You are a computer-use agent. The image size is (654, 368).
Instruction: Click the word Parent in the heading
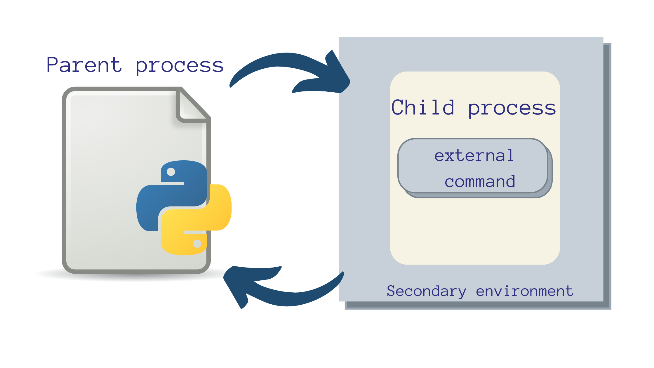pyautogui.click(x=84, y=65)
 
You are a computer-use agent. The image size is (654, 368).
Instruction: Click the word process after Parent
pyautogui.click(x=180, y=66)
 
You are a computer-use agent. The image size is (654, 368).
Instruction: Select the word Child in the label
pyautogui.click(x=422, y=107)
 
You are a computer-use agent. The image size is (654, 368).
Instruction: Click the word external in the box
pyautogui.click(x=474, y=155)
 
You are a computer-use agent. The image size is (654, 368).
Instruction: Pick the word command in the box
pyautogui.click(x=480, y=182)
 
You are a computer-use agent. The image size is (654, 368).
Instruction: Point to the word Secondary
pyautogui.click(x=426, y=291)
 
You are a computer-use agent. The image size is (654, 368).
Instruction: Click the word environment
pyautogui.click(x=524, y=291)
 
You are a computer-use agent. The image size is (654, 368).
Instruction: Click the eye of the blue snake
pyautogui.click(x=171, y=172)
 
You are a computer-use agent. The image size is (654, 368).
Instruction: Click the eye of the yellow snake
pyautogui.click(x=197, y=243)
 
